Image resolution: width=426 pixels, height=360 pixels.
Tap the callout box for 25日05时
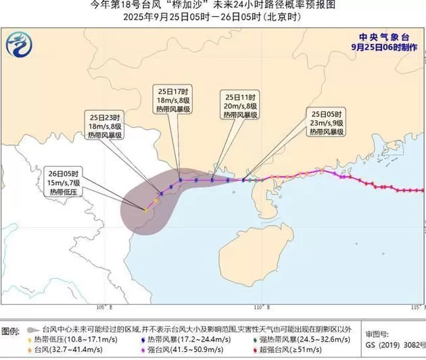pyautogui.click(x=326, y=122)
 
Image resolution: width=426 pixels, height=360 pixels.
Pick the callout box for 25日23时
pyautogui.click(x=104, y=125)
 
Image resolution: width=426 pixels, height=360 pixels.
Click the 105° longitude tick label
pyautogui.click(x=103, y=307)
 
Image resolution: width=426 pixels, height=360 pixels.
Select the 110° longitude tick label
pyautogui.click(x=258, y=307)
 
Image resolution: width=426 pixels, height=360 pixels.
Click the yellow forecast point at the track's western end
pyautogui.click(x=145, y=210)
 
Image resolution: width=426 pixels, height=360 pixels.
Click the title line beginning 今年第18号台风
pyautogui.click(x=212, y=5)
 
